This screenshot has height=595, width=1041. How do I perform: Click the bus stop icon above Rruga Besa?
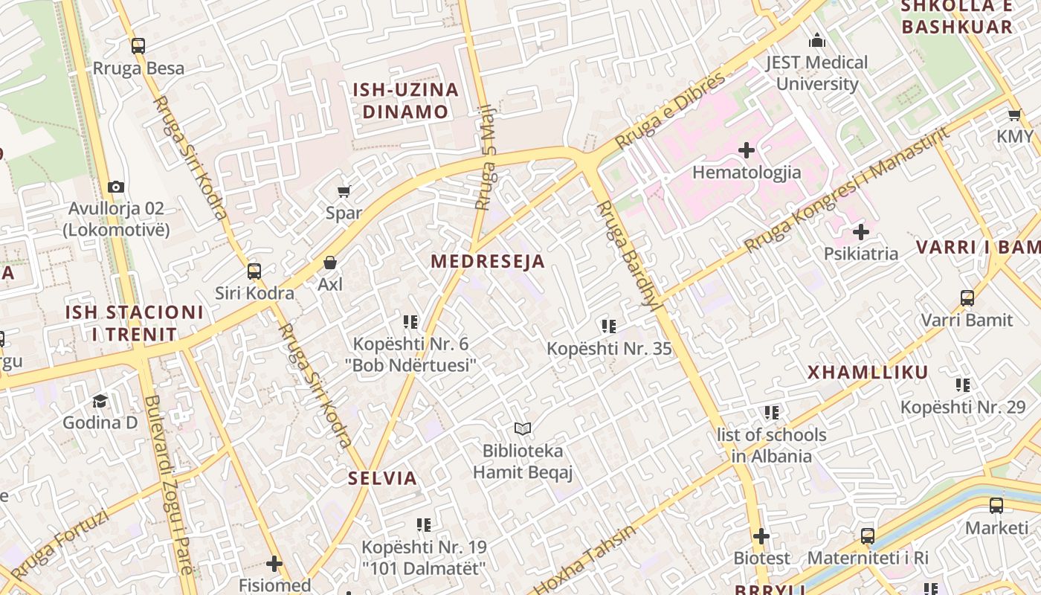coord(138,46)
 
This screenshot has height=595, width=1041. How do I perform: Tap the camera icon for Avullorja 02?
coord(116,187)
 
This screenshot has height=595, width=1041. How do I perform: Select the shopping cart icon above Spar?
coord(344,192)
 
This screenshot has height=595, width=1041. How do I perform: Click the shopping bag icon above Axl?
coord(330,263)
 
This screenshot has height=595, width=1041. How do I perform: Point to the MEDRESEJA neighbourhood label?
coord(488,261)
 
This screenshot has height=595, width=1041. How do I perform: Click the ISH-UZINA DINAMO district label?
coord(405,101)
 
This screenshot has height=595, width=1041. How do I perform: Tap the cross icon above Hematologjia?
coord(747,151)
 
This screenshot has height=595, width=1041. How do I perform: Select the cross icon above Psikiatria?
coord(861,232)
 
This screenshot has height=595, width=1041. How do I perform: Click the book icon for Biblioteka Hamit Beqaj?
coord(523,429)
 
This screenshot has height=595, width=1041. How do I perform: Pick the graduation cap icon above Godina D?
coord(100,402)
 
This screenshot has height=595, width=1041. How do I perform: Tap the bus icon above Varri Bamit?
coord(967,298)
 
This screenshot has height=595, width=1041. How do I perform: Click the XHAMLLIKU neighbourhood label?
coord(868,373)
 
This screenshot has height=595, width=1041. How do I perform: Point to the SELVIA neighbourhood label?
coord(383,478)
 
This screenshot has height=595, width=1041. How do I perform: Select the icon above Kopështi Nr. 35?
coord(609,327)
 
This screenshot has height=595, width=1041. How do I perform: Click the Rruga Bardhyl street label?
coord(622,253)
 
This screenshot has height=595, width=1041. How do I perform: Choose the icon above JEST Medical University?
coord(817,40)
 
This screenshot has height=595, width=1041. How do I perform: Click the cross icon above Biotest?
coord(761,536)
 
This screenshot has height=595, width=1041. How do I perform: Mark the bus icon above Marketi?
coord(996,506)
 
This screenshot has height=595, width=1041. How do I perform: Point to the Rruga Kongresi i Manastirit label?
coord(848,190)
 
